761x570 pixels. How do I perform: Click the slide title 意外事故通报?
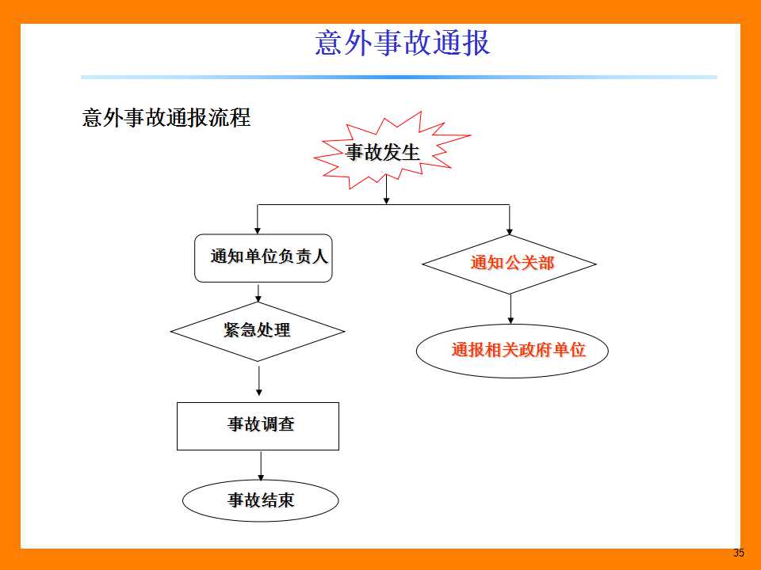[x=403, y=43]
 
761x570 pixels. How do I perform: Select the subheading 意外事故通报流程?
[x=166, y=118]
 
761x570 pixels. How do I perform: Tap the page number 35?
[x=739, y=553]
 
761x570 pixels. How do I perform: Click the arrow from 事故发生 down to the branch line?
[x=386, y=189]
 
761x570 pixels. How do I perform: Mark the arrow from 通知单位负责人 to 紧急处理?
[x=258, y=293]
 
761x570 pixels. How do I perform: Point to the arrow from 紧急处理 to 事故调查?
[x=258, y=381]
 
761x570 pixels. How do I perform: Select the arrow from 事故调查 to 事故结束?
[x=261, y=465]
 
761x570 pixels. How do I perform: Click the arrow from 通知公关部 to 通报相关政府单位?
[x=511, y=310]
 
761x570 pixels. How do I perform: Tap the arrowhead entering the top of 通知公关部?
[x=509, y=230]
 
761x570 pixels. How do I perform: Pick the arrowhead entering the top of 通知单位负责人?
[x=257, y=230]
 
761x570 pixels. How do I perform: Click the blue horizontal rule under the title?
[x=399, y=77]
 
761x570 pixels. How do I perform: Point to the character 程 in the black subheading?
[x=240, y=118]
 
